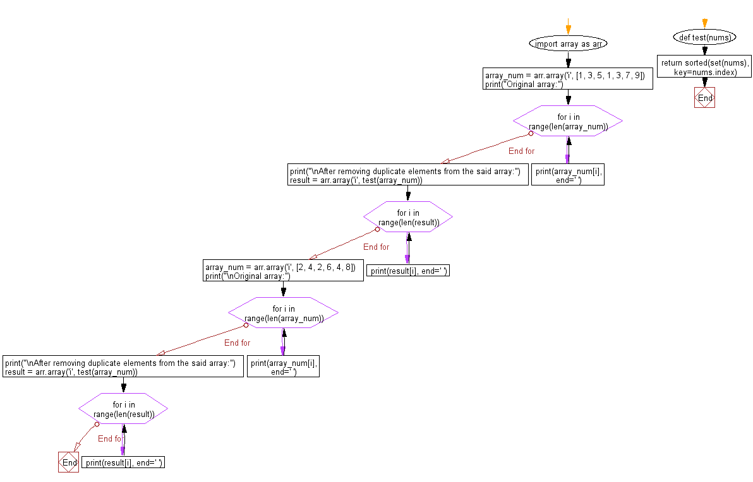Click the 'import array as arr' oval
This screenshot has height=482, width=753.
pyautogui.click(x=568, y=44)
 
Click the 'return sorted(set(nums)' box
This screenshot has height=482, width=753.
pyautogui.click(x=705, y=67)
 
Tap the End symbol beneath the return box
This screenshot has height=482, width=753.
pyautogui.click(x=704, y=98)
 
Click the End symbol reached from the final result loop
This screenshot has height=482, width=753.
pyautogui.click(x=68, y=462)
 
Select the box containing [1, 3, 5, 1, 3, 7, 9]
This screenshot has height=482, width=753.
pyautogui.click(x=568, y=79)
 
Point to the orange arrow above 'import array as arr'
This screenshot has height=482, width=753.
pyautogui.click(x=568, y=28)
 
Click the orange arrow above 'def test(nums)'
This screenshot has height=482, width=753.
pyautogui.click(x=704, y=24)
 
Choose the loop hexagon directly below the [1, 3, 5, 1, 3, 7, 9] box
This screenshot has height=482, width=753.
pyautogui.click(x=568, y=121)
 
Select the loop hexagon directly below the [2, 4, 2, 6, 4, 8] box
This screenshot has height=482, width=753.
pyautogui.click(x=283, y=314)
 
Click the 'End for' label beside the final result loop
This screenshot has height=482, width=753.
pyautogui.click(x=109, y=438)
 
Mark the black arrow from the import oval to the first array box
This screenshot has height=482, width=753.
pyautogui.click(x=568, y=61)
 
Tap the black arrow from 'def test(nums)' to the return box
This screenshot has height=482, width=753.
pyautogui.click(x=704, y=50)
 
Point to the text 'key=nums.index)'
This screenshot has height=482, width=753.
pyautogui.click(x=705, y=72)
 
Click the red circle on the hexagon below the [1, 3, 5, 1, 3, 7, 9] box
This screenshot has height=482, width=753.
pyautogui.click(x=531, y=134)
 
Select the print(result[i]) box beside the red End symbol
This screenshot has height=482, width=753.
pyautogui.click(x=124, y=462)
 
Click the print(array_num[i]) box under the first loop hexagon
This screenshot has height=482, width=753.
pyautogui.click(x=567, y=175)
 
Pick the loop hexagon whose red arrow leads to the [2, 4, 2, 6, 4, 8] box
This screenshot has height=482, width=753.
pyautogui.click(x=408, y=218)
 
